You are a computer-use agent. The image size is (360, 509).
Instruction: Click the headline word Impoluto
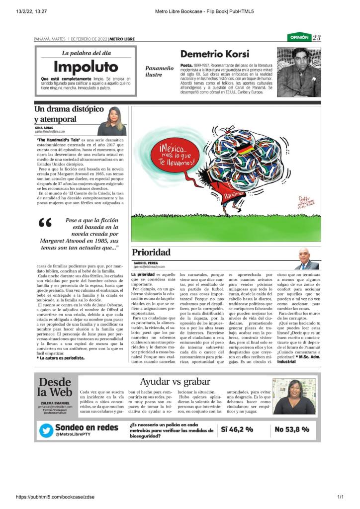tap(86, 67)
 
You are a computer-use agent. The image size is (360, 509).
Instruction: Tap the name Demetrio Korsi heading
tap(215, 54)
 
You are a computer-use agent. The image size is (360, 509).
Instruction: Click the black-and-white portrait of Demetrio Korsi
tap(298, 72)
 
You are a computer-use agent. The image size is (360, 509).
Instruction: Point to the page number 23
tap(317, 38)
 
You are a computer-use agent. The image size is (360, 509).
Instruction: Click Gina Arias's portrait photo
tap(112, 122)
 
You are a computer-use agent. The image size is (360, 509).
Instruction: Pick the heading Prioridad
tap(151, 252)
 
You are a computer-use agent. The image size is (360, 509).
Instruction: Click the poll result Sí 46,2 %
tap(237, 429)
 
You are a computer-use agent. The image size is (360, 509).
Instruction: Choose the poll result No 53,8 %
tap(292, 429)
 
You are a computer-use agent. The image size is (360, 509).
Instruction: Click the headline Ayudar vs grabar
tap(175, 382)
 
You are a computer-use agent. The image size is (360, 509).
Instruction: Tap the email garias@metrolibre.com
tap(50, 131)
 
